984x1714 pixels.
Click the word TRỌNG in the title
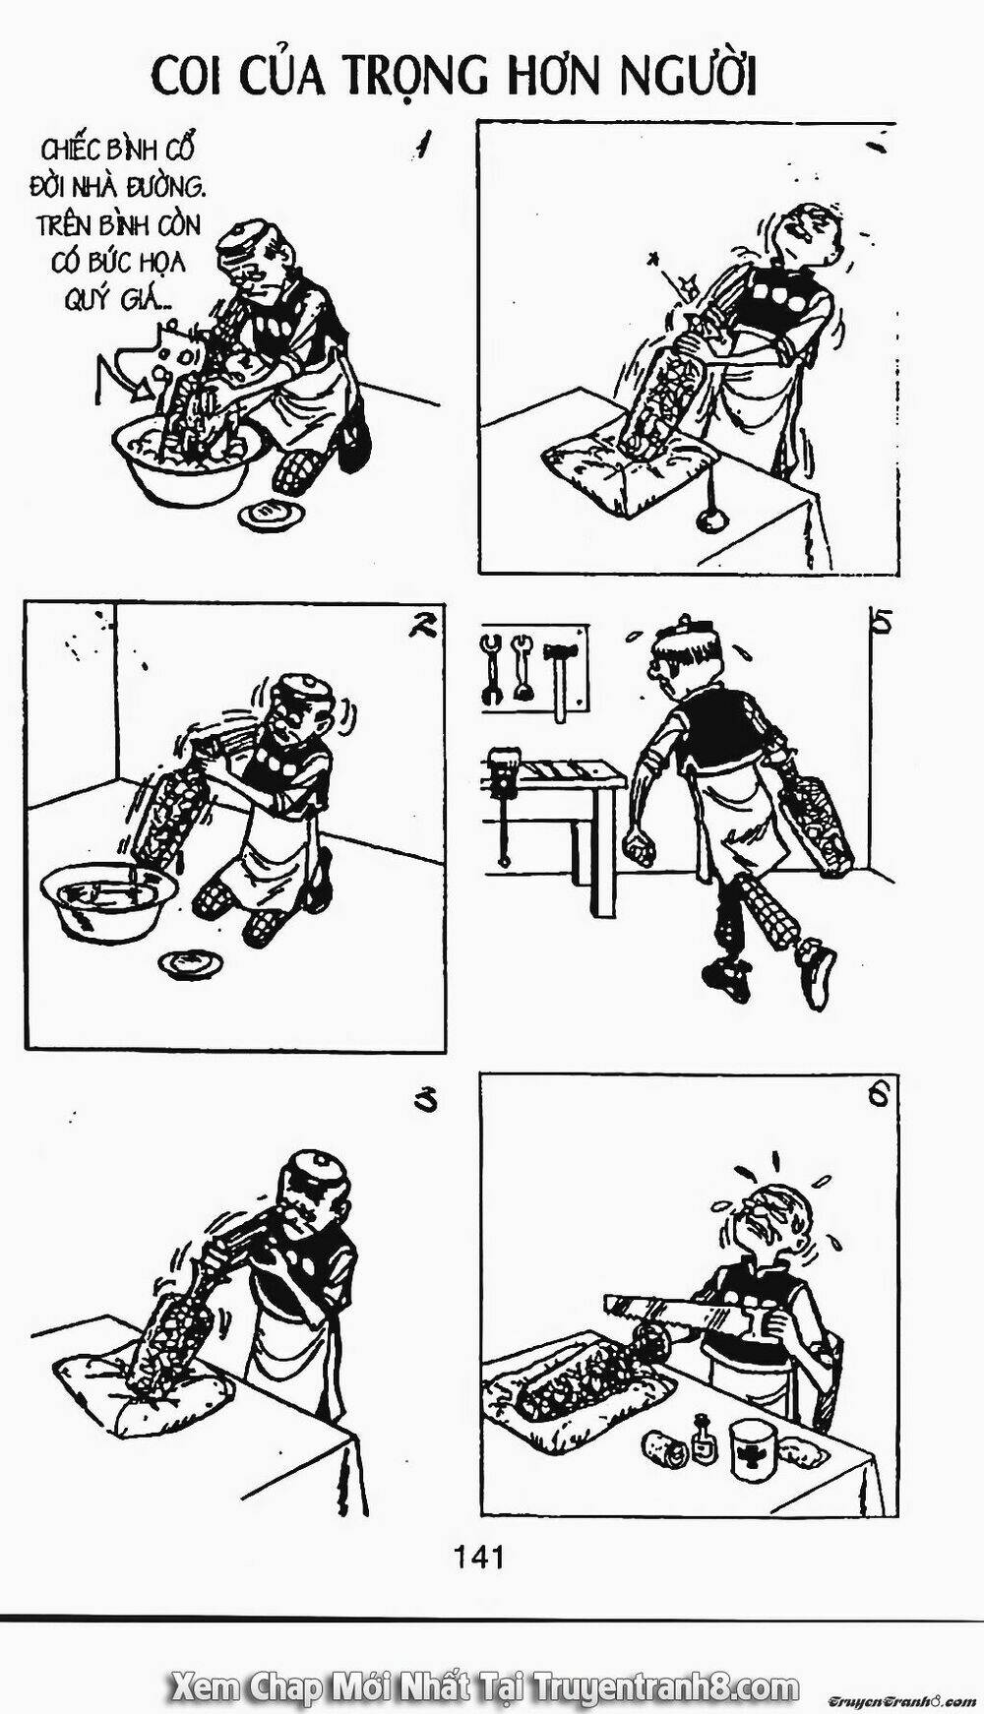(418, 76)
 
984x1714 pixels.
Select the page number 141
(479, 1557)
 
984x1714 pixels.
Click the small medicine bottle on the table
(702, 1439)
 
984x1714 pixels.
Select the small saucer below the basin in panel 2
(191, 962)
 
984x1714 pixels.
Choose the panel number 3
(425, 1102)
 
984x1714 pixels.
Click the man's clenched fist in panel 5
(640, 848)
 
